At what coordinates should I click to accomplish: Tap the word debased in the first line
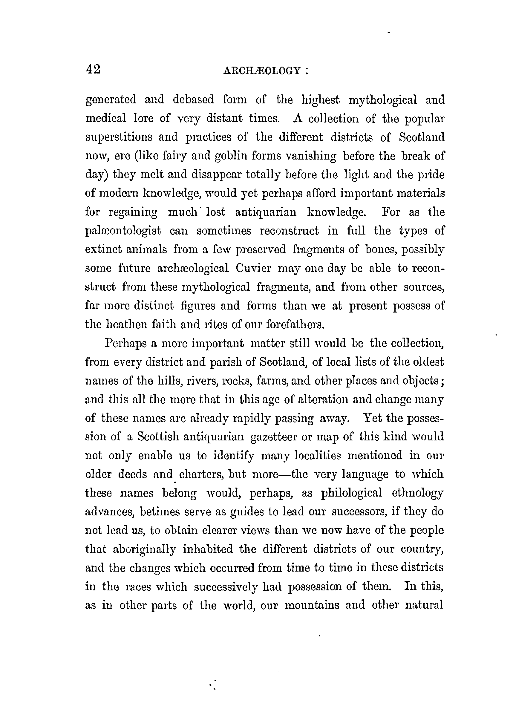point(193,100)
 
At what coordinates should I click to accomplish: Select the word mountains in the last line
point(312,605)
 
